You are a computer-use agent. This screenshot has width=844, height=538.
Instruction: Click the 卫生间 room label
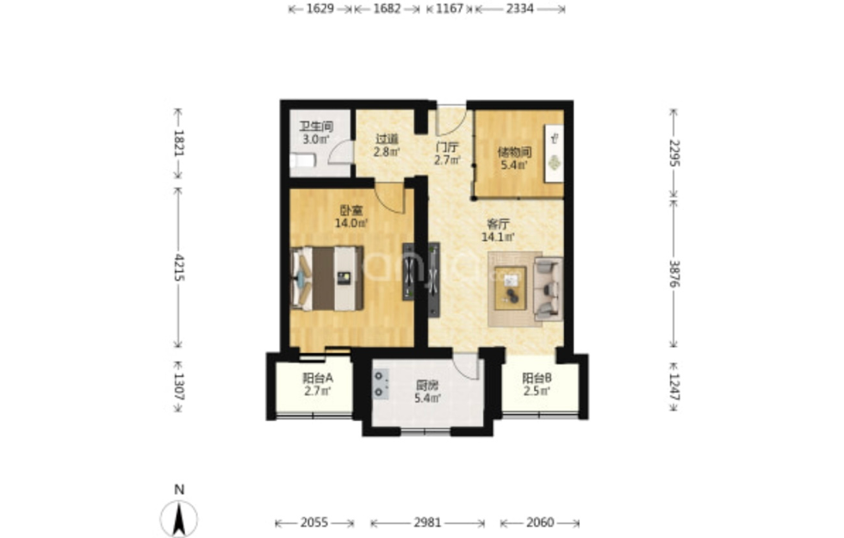(317, 127)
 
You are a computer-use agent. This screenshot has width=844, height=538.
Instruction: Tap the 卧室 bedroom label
(351, 210)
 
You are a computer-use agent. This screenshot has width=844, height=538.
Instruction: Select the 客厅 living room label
(498, 224)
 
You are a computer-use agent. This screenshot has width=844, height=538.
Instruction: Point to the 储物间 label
(515, 152)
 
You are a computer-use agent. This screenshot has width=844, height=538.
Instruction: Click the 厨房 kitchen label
(427, 386)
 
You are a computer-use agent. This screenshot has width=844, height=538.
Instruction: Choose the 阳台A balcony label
(318, 378)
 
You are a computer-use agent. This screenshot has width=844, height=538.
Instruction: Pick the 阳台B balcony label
(537, 378)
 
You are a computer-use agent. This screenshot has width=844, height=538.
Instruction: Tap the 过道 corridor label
(387, 139)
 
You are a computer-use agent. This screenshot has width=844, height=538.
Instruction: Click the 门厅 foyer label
(447, 147)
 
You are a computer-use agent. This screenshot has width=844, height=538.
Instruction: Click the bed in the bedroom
(326, 278)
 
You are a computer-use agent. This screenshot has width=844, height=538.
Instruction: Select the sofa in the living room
(548, 289)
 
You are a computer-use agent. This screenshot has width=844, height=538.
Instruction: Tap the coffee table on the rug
(510, 288)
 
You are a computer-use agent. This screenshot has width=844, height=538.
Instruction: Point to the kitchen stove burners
(381, 384)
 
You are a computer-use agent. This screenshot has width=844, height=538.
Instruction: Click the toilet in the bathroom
(302, 160)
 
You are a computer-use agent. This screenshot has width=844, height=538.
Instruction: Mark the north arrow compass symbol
(179, 517)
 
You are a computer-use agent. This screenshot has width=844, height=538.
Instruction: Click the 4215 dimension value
(179, 268)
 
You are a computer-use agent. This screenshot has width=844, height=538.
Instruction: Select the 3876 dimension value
(673, 274)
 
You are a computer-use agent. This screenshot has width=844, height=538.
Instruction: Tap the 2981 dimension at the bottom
(427, 523)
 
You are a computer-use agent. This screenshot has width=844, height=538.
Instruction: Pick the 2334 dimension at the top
(520, 9)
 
